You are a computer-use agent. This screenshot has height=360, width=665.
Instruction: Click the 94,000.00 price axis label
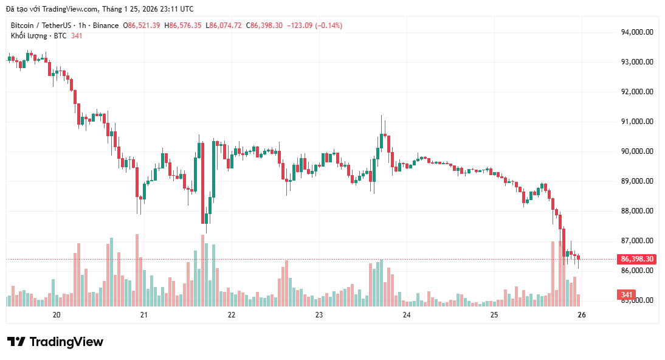tap(636, 32)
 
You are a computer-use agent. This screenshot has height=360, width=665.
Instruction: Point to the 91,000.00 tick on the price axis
tap(636, 122)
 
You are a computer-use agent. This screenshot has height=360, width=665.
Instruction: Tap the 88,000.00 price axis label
tap(636, 211)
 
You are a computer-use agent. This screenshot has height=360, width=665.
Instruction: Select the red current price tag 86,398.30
tap(636, 259)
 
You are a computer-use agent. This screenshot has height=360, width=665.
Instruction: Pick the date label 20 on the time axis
tap(57, 315)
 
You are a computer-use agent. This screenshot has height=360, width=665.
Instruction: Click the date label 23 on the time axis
tap(319, 315)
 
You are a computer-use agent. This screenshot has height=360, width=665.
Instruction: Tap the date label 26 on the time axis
tap(581, 315)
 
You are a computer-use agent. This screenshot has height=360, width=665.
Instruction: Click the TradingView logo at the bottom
tap(55, 342)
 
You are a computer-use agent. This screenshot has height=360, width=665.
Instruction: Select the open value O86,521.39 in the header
tap(142, 26)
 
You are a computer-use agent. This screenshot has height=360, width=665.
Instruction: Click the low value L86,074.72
tap(224, 26)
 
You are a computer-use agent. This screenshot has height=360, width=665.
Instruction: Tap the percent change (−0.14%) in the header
tap(328, 26)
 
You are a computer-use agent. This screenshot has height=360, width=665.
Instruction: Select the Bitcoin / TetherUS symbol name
tap(40, 26)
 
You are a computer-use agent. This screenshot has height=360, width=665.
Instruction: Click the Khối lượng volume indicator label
tap(29, 36)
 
